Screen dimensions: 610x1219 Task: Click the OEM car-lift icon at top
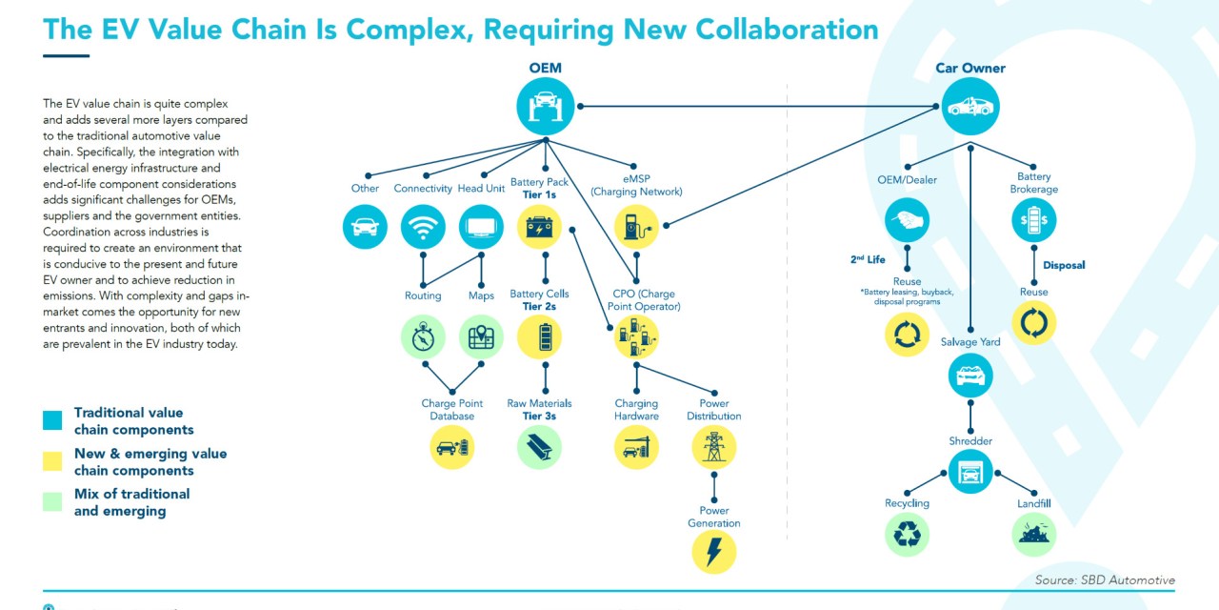pyautogui.click(x=545, y=105)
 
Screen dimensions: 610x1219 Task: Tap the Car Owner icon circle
pyautogui.click(x=970, y=105)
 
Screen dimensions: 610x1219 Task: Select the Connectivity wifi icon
pyautogui.click(x=423, y=227)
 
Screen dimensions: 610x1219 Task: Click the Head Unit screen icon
pyautogui.click(x=481, y=227)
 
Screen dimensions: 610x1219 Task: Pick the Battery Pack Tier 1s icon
pyautogui.click(x=539, y=227)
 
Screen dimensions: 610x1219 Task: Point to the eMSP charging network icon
pyautogui.click(x=636, y=227)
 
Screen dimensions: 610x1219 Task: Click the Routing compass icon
pyautogui.click(x=423, y=336)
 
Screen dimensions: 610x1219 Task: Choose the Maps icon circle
pyautogui.click(x=481, y=336)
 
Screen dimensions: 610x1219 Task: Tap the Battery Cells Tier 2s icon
pyautogui.click(x=539, y=336)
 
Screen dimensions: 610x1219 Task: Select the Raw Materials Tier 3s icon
pyautogui.click(x=539, y=447)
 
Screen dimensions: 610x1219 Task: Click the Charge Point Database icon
pyautogui.click(x=451, y=447)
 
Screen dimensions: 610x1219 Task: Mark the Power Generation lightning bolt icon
pyautogui.click(x=713, y=550)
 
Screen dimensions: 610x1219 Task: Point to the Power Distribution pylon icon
pyautogui.click(x=713, y=446)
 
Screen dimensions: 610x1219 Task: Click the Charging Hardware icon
pyautogui.click(x=636, y=446)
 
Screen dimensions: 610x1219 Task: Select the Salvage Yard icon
pyautogui.click(x=970, y=376)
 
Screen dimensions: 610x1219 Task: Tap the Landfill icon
pyautogui.click(x=1033, y=535)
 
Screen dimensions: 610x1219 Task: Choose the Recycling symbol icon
pyautogui.click(x=907, y=535)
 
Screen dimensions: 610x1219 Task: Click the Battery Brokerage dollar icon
pyautogui.click(x=1033, y=220)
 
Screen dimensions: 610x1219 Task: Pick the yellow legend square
pyautogui.click(x=52, y=461)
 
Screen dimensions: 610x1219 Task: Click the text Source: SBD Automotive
pyautogui.click(x=1105, y=579)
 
